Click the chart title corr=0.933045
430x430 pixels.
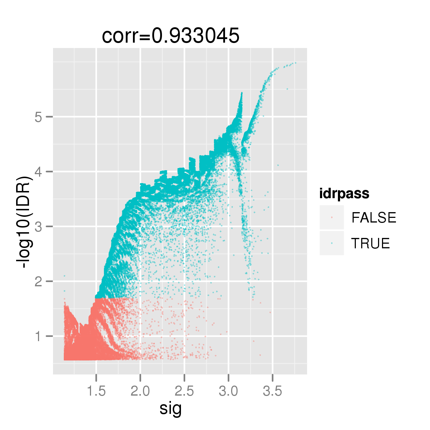click(x=171, y=36)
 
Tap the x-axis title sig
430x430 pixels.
click(x=171, y=408)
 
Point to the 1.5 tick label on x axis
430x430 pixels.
click(x=96, y=391)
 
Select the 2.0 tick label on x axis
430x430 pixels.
click(x=140, y=391)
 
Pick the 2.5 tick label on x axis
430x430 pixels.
click(x=184, y=391)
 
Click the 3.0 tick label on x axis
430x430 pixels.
click(x=229, y=391)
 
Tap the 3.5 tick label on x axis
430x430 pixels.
click(x=273, y=391)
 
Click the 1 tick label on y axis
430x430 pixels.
click(x=39, y=336)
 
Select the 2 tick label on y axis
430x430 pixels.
click(x=39, y=281)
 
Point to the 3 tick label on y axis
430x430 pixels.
click(x=39, y=226)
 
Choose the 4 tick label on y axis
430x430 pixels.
click(x=39, y=172)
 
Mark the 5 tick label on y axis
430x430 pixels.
click(x=39, y=117)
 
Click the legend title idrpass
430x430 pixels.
click(x=344, y=193)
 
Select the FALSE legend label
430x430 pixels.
click(x=374, y=218)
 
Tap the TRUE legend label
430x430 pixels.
click(x=370, y=244)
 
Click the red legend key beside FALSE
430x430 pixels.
click(x=332, y=218)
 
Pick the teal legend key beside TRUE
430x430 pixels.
click(x=332, y=243)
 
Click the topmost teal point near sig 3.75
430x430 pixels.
click(x=295, y=63)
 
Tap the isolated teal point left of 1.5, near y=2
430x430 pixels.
click(x=64, y=276)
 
